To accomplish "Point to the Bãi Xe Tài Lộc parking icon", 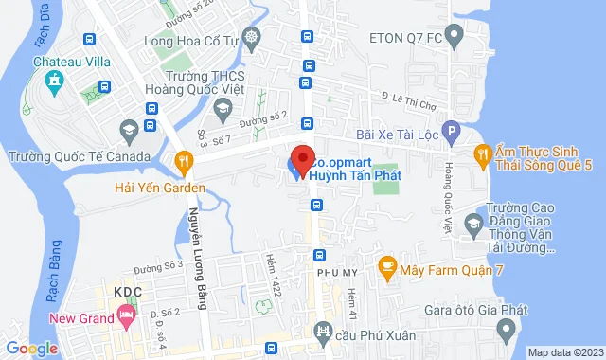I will pos(453,134).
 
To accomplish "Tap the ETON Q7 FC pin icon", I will pos(454,39).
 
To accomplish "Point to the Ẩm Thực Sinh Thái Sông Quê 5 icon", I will pos(483,153).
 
